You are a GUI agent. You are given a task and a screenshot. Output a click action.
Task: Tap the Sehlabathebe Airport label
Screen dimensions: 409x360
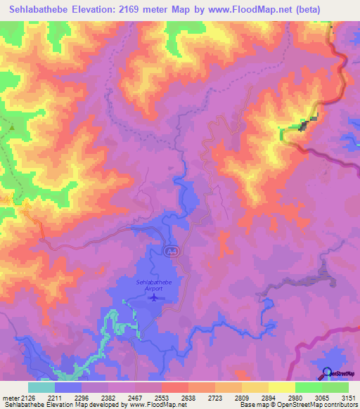click(154, 285)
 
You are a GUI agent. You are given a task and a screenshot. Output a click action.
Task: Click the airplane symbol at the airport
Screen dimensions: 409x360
click(154, 298)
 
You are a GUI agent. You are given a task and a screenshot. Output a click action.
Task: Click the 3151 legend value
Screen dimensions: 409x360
click(348, 398)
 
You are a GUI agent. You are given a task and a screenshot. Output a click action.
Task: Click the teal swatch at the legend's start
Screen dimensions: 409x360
click(41, 387)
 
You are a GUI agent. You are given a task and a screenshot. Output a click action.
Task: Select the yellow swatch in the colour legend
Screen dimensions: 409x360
click(281, 387)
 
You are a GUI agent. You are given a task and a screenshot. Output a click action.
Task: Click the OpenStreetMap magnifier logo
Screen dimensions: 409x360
click(326, 372)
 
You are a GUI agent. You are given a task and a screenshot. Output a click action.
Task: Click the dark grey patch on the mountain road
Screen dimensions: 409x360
click(304, 126)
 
